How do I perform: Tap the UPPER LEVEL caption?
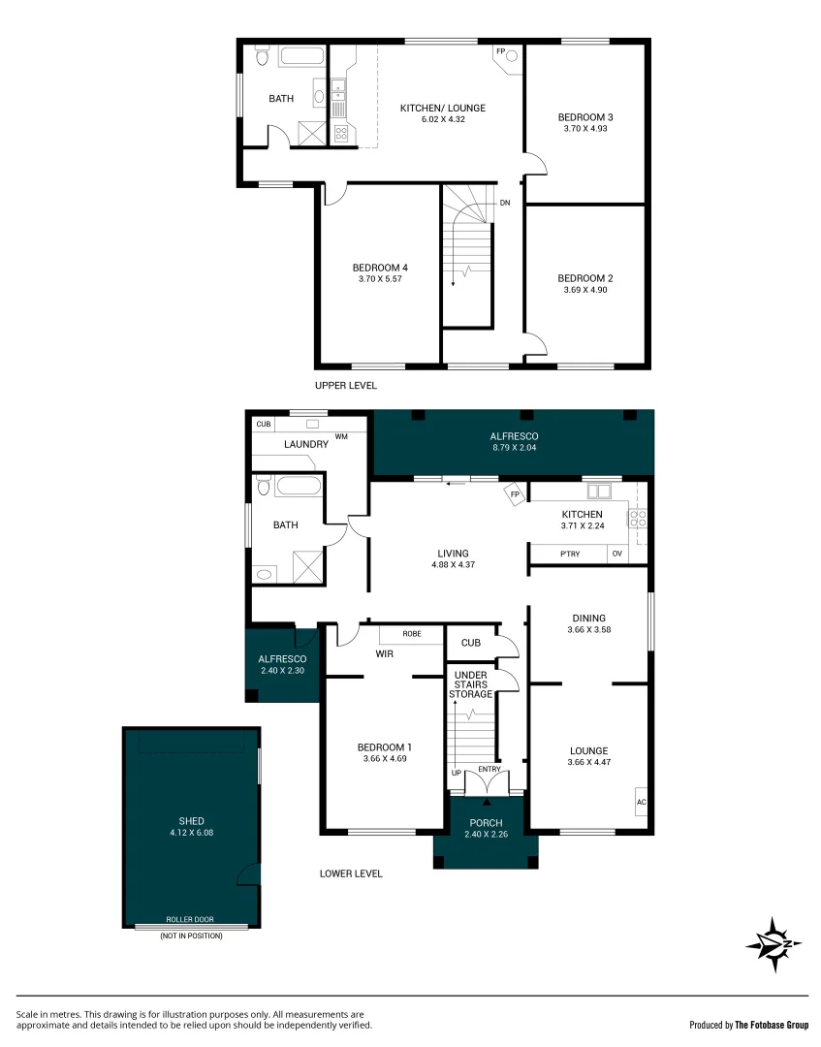point(345,386)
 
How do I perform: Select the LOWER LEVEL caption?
point(351,873)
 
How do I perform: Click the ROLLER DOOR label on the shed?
point(191,919)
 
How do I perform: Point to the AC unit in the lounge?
point(641,803)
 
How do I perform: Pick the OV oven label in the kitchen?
point(616,555)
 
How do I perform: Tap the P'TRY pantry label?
point(570,555)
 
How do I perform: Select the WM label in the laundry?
point(341,437)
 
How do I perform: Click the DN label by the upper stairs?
point(505,204)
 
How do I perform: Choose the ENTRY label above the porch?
point(489,770)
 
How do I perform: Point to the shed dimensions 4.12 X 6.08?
point(191,832)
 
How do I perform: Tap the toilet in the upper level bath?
point(262,57)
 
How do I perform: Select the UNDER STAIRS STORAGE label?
point(470,684)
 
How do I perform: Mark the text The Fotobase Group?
point(771,1025)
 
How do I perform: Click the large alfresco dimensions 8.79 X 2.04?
point(514,449)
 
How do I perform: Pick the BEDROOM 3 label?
point(585,117)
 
